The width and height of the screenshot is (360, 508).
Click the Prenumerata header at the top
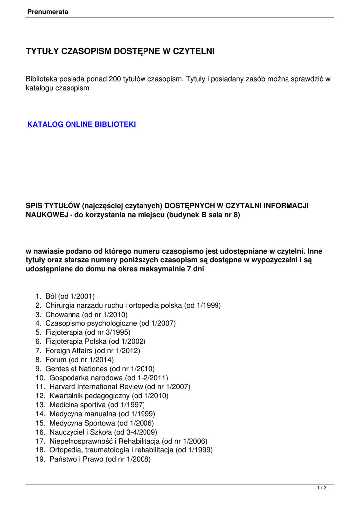tap(48, 12)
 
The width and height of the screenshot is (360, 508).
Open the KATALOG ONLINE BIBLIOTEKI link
tap(81, 125)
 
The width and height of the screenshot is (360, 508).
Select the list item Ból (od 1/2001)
tap(70, 297)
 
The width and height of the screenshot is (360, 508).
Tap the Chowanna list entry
tap(86, 315)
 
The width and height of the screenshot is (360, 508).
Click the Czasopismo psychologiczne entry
tap(110, 323)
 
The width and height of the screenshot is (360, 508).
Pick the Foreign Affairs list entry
tap(92, 351)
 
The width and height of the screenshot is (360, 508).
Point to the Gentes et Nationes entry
tap(100, 369)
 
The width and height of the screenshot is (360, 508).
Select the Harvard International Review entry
tap(120, 387)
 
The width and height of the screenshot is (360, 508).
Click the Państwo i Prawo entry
tap(100, 459)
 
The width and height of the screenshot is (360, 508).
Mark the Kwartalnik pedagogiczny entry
tap(109, 396)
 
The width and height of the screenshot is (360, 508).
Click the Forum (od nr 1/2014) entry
tap(79, 360)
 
